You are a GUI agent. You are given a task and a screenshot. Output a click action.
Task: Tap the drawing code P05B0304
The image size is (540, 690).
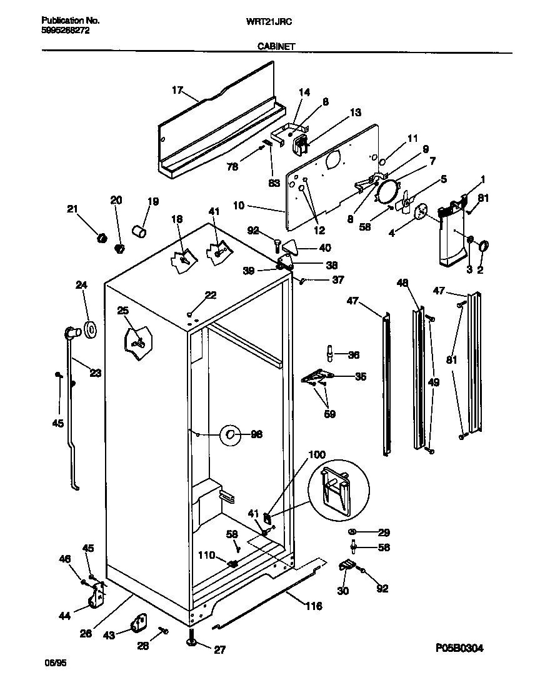coord(454,648)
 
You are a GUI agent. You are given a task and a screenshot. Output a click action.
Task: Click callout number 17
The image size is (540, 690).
coord(176,90)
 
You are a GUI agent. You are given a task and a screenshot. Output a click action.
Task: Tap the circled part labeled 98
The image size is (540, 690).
coord(230,434)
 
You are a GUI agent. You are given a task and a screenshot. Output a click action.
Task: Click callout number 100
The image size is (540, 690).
coord(317,454)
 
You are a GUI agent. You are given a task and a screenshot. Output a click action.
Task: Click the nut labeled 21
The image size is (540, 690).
coord(100,237)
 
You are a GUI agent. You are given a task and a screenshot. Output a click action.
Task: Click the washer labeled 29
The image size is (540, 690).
coord(352,532)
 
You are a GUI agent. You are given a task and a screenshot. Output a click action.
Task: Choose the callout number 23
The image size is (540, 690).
coord(95,374)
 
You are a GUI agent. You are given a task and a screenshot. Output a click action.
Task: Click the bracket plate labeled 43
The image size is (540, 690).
coord(137,623)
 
